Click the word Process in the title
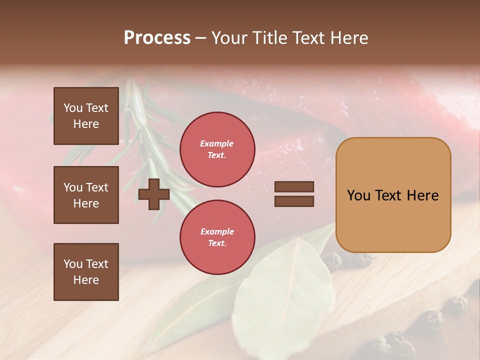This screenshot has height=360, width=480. pyautogui.click(x=157, y=38)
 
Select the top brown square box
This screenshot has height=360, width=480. pyautogui.click(x=86, y=116)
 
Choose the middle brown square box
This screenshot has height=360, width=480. pyautogui.click(x=86, y=195)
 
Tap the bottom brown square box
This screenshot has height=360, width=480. pyautogui.click(x=86, y=272)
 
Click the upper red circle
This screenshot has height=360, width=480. pyautogui.click(x=217, y=149)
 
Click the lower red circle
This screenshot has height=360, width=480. pyautogui.click(x=217, y=237)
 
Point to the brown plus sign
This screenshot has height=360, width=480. pyautogui.click(x=154, y=194)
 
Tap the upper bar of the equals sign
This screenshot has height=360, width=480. pyautogui.click(x=294, y=186)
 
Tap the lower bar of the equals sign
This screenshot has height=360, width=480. pyautogui.click(x=294, y=201)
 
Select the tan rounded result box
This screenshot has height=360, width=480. pyautogui.click(x=393, y=195)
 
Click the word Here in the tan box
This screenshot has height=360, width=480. pyautogui.click(x=422, y=195)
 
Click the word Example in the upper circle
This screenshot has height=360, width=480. pyautogui.click(x=217, y=143)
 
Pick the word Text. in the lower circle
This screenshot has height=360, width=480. pyautogui.click(x=217, y=243)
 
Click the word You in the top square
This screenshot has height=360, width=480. pyautogui.click(x=73, y=108)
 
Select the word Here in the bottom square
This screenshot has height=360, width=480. pyautogui.click(x=86, y=280)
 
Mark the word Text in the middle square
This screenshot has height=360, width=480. pyautogui.click(x=97, y=187)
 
